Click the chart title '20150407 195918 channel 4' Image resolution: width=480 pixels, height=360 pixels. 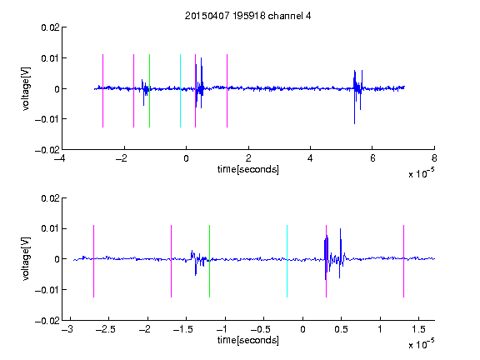[248, 16]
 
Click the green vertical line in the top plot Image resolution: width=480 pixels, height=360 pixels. [149, 91]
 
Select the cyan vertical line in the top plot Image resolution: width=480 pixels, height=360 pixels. [180, 91]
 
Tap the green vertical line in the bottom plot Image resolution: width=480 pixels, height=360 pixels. [209, 261]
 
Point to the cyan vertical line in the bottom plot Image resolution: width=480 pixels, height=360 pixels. [287, 261]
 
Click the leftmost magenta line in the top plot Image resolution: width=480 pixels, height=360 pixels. [102, 91]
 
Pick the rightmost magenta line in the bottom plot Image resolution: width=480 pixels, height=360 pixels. [403, 261]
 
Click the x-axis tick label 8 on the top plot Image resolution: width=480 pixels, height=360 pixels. [434, 158]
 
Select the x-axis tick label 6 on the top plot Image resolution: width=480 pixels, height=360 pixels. [372, 158]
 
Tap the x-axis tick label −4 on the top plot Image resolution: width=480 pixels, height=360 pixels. [60, 158]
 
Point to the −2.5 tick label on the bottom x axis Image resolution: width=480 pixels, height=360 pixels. [105, 329]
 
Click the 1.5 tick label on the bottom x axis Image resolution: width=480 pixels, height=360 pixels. [418, 329]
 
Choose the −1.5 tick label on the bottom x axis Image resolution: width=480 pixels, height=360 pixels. [182, 329]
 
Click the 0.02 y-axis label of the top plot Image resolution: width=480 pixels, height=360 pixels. [50, 27]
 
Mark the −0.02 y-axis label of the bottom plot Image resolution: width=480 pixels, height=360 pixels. [47, 321]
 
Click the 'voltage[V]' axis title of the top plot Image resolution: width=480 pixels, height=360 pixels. [27, 89]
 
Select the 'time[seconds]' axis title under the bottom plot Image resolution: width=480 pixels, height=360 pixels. [248, 340]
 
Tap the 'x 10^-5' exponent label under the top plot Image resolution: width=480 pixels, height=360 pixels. [421, 173]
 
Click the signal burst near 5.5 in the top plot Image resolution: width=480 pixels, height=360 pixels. [357, 95]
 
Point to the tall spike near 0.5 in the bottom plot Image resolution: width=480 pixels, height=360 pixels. [340, 252]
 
